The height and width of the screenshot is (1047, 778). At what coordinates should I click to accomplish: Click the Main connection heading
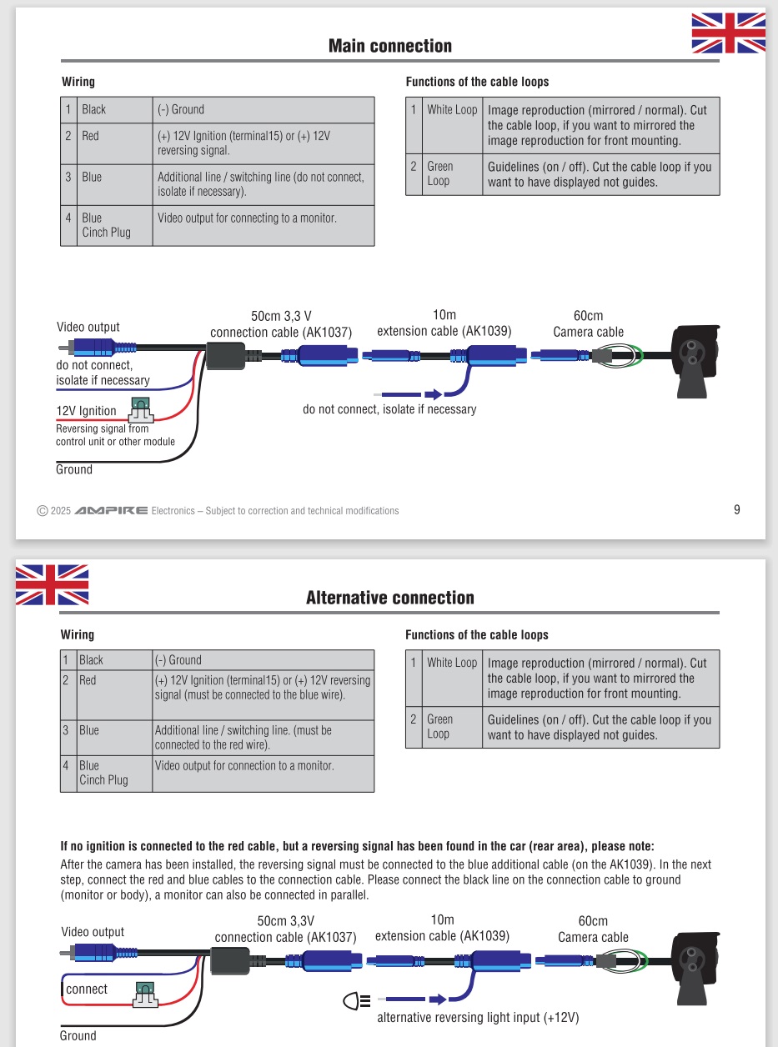point(389,46)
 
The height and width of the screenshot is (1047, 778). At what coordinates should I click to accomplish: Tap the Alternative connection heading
point(389,598)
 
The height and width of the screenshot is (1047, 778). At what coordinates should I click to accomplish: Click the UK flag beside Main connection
point(728,33)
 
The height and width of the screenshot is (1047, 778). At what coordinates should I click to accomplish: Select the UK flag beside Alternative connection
point(52,584)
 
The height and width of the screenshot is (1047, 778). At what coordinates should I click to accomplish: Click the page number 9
point(737,509)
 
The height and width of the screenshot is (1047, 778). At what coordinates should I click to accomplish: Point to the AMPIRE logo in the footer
point(111,510)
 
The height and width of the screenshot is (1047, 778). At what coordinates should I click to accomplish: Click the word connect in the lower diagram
point(87,989)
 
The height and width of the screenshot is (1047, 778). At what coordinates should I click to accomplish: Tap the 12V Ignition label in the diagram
point(86,410)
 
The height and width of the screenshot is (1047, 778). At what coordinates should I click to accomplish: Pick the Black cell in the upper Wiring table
point(94,109)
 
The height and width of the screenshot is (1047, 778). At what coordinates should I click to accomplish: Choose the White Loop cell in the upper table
point(452,109)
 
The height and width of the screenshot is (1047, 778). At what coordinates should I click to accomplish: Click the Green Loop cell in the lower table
point(439,726)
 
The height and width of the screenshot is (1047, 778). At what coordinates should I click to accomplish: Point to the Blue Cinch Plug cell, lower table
point(103,773)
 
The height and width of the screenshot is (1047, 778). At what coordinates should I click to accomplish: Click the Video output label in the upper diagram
point(88,327)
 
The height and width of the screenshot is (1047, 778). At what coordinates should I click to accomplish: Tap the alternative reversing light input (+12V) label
point(478,1018)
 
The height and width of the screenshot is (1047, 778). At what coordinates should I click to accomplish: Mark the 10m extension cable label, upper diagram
point(444,323)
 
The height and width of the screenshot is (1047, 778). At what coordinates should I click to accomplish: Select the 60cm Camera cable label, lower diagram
point(593,929)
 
